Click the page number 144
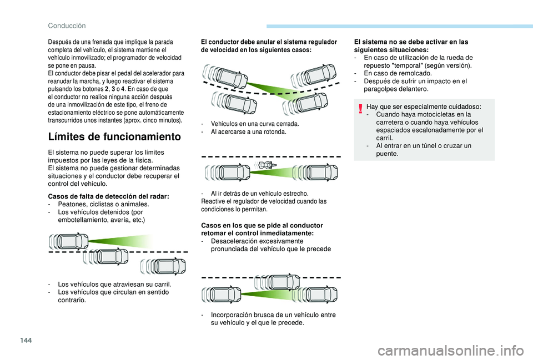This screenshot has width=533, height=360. (x=26, y=340)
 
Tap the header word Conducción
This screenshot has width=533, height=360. (x=67, y=26)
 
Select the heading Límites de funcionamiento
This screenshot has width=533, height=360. (x=114, y=136)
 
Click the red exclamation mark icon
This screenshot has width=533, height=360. (x=361, y=109)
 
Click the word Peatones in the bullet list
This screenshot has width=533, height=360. (x=70, y=204)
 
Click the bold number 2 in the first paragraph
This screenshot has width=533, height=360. (x=107, y=89)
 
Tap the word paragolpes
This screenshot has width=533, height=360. (x=379, y=89)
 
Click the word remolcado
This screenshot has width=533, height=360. (x=416, y=73)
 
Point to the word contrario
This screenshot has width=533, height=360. (x=71, y=300)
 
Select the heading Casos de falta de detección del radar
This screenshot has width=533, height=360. (x=109, y=196)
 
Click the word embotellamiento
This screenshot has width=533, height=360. (x=81, y=220)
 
